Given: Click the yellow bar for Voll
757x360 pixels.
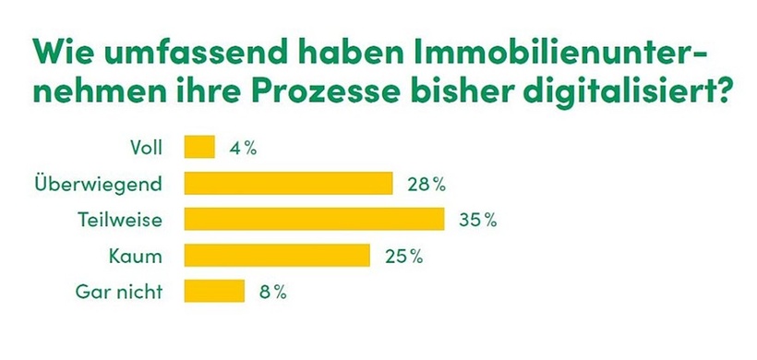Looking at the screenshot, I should click(199, 147).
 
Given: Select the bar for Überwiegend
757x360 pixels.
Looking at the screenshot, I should click(289, 183).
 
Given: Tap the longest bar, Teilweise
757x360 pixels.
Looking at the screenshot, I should click(315, 219).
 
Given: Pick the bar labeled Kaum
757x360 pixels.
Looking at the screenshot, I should click(277, 255).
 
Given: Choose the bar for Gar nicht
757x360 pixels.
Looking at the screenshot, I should click(214, 291).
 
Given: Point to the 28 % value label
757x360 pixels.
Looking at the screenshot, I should click(426, 184).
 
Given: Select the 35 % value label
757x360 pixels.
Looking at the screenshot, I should click(477, 220).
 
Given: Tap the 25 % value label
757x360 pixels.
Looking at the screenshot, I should click(403, 256).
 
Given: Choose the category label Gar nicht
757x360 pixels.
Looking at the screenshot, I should click(118, 292).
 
